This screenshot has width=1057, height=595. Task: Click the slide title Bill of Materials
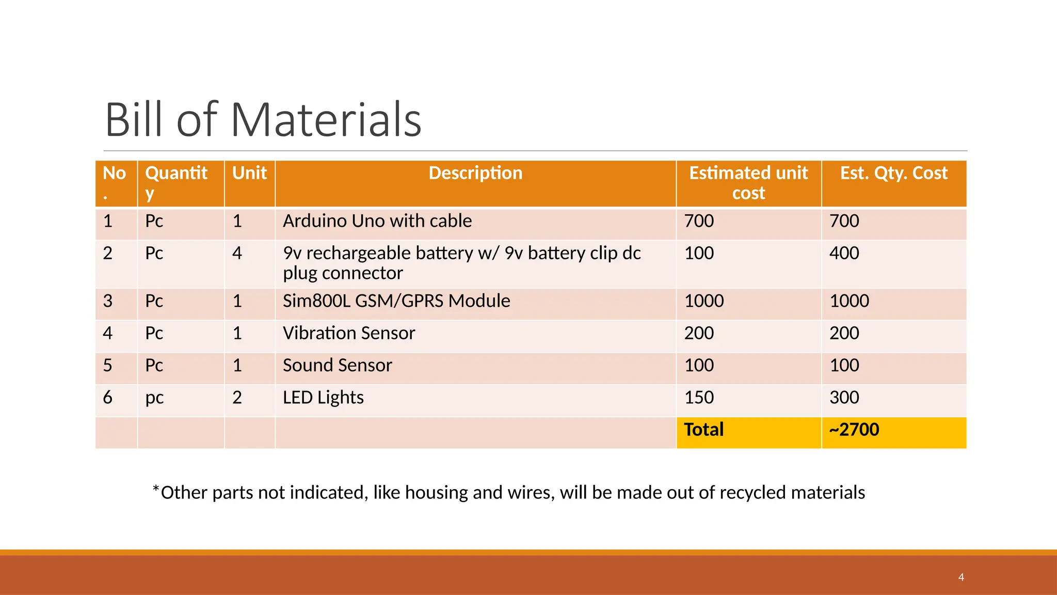[x=263, y=120]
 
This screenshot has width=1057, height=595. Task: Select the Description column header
[x=475, y=173]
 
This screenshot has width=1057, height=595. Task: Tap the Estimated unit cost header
[x=748, y=183]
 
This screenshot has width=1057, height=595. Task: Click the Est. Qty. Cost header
[x=894, y=173]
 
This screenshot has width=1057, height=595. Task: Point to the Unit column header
[x=249, y=173]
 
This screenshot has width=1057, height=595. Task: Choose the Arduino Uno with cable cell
[x=377, y=221]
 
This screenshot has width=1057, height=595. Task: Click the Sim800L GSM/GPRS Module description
[x=396, y=301]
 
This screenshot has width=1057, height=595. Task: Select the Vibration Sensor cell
[x=349, y=333]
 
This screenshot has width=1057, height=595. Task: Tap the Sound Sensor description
[x=338, y=366]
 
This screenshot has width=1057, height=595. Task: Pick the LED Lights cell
[x=323, y=398]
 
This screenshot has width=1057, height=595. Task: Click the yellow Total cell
[x=704, y=430]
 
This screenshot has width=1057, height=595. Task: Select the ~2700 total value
[x=854, y=430]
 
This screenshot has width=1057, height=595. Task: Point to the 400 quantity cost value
[x=844, y=253]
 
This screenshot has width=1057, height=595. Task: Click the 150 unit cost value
[x=699, y=398]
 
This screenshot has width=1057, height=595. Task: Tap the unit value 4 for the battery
[x=237, y=253]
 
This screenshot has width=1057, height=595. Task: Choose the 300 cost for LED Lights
[x=844, y=398]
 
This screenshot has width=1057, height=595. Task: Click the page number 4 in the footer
[x=961, y=577]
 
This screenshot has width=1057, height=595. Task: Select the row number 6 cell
[x=107, y=398]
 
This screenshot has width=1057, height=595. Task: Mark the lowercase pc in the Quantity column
[x=154, y=398]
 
